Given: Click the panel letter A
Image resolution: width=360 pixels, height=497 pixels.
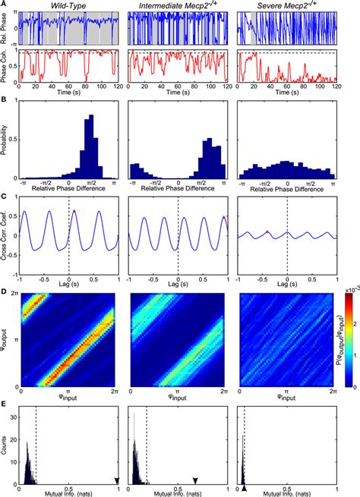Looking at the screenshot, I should [5, 5].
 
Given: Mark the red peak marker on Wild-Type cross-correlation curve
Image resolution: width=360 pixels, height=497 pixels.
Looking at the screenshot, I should [74, 212].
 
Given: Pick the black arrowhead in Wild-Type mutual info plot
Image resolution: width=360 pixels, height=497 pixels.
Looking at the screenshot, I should [117, 480].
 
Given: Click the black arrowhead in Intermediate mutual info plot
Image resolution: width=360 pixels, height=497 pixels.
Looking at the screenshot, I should [195, 480].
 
